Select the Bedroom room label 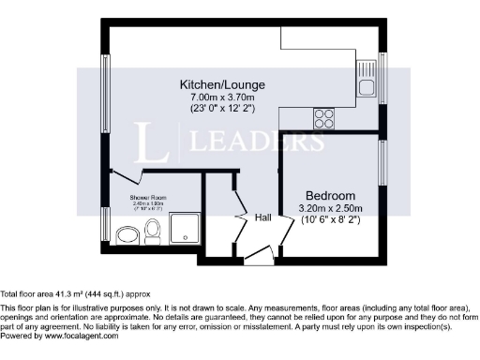[x=330, y=196]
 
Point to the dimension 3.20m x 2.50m [x=330, y=207]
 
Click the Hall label [x=263, y=217]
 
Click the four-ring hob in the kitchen [x=325, y=118]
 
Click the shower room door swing [x=127, y=176]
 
